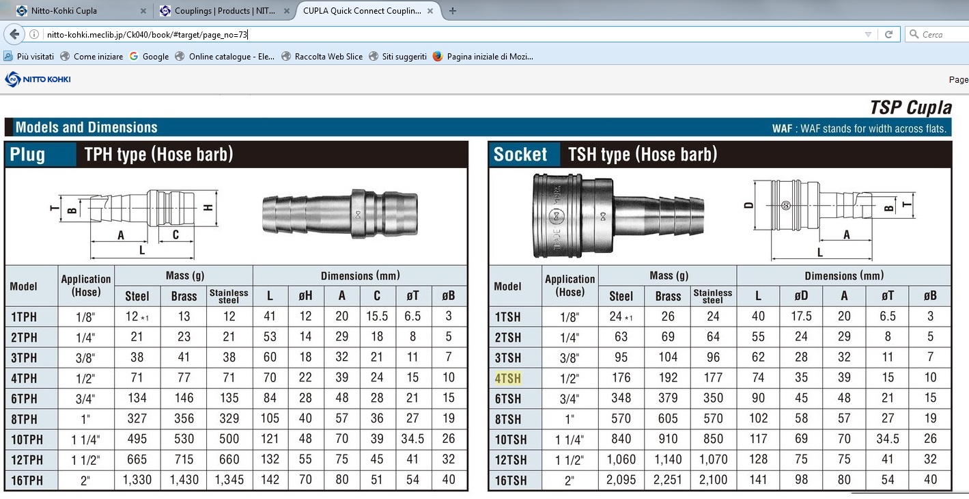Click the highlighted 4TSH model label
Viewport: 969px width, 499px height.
pos(508,378)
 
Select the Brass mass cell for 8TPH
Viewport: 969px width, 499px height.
pos(184,418)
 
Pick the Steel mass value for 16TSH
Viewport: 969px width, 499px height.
pos(621,480)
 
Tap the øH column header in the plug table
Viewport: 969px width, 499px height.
pos(305,296)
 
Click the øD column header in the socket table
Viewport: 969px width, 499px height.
pos(801,296)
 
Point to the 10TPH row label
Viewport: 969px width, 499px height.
pos(27,440)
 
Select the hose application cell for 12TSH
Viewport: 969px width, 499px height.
pos(570,459)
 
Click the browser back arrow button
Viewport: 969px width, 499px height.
pos(14,34)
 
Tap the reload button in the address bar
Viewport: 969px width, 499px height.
pos(888,34)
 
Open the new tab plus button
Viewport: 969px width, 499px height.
pos(453,11)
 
